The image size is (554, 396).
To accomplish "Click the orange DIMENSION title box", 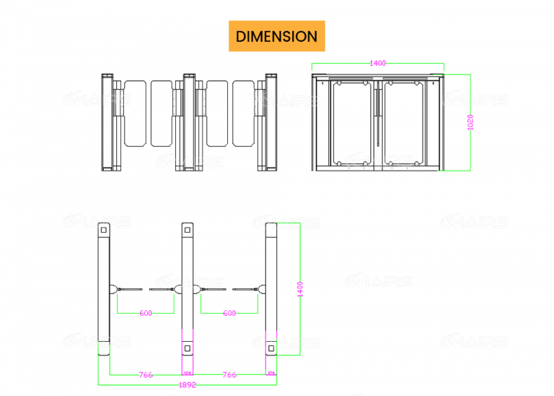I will coord(276,36).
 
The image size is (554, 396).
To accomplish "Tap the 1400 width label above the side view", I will coord(377,64).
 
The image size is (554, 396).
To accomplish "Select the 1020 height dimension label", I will coord(470,121).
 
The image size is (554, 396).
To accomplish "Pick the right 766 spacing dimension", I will coord(229,375).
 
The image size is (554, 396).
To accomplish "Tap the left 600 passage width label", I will coord(146,314).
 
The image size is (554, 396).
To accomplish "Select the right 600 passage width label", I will coord(229,314).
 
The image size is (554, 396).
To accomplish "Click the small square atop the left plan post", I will coord(103,231).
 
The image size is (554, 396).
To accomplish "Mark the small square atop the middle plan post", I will coord(188,231).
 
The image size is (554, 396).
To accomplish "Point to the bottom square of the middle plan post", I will coord(188,348).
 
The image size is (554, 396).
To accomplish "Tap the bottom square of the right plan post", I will coord(271,348).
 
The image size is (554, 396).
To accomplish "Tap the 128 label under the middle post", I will coord(188,374).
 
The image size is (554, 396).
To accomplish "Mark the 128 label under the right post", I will coord(271,374).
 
